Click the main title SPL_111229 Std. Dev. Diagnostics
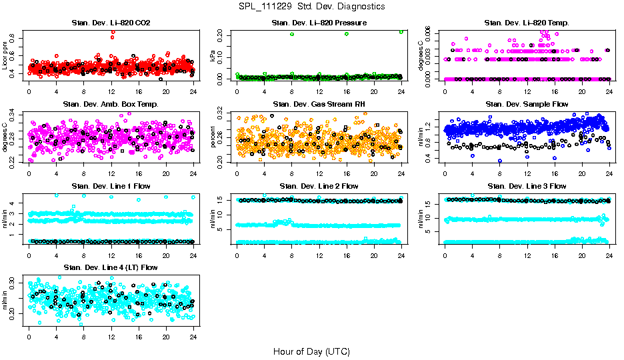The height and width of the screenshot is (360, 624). (311, 7)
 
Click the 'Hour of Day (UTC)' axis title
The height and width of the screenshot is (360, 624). (311, 351)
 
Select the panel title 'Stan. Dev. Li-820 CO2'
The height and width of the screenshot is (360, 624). (111, 23)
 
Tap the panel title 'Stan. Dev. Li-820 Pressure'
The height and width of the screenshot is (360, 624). (319, 23)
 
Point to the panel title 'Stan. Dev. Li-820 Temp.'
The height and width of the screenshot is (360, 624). (527, 23)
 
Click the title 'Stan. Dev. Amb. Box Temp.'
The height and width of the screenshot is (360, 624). (111, 104)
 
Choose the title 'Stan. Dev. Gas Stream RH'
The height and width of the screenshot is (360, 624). (319, 104)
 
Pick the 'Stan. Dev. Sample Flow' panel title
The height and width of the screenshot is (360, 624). (527, 104)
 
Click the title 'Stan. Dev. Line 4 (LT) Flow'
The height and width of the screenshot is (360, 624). (111, 267)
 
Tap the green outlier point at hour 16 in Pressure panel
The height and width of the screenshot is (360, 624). (347, 34)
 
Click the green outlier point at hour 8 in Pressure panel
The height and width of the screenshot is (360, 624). (292, 34)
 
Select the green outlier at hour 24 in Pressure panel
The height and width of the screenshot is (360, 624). (401, 31)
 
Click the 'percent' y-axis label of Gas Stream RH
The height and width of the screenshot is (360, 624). (213, 137)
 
